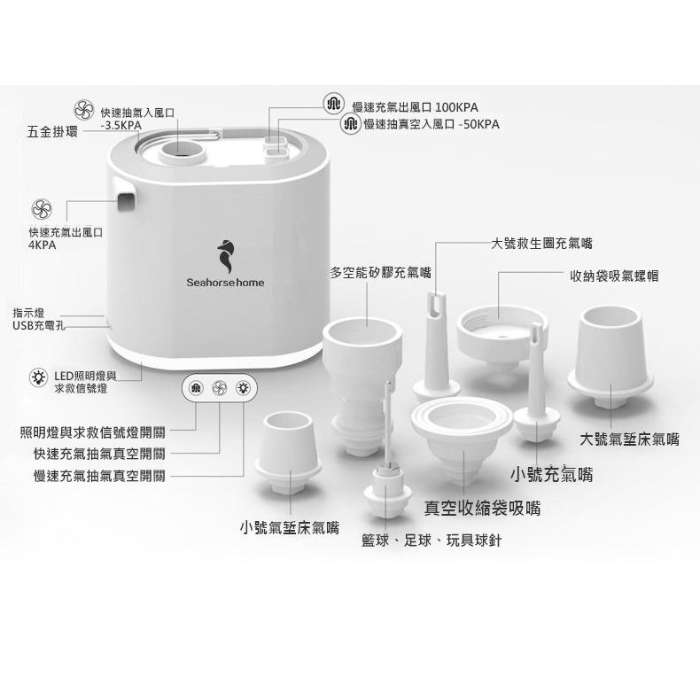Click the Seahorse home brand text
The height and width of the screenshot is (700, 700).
pos(225,283)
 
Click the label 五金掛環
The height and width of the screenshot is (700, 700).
pos(52,132)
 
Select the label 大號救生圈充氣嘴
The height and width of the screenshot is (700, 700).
pos(541,242)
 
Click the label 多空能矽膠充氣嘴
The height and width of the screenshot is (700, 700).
pos(381,272)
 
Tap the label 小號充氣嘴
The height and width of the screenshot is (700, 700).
pos(551,475)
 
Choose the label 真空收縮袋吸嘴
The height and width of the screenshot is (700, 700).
pos(483,508)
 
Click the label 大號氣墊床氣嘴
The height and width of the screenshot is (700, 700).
pos(630,439)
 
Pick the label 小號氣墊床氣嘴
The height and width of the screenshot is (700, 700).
pos(290,528)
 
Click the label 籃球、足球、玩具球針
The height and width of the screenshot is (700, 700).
pos(432,541)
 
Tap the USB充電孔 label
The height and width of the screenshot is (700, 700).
pos(39,325)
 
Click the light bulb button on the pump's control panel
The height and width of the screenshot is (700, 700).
pos(241,386)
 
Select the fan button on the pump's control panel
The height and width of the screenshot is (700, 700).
pos(219,386)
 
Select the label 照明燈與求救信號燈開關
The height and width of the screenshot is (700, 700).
pos(92,432)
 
